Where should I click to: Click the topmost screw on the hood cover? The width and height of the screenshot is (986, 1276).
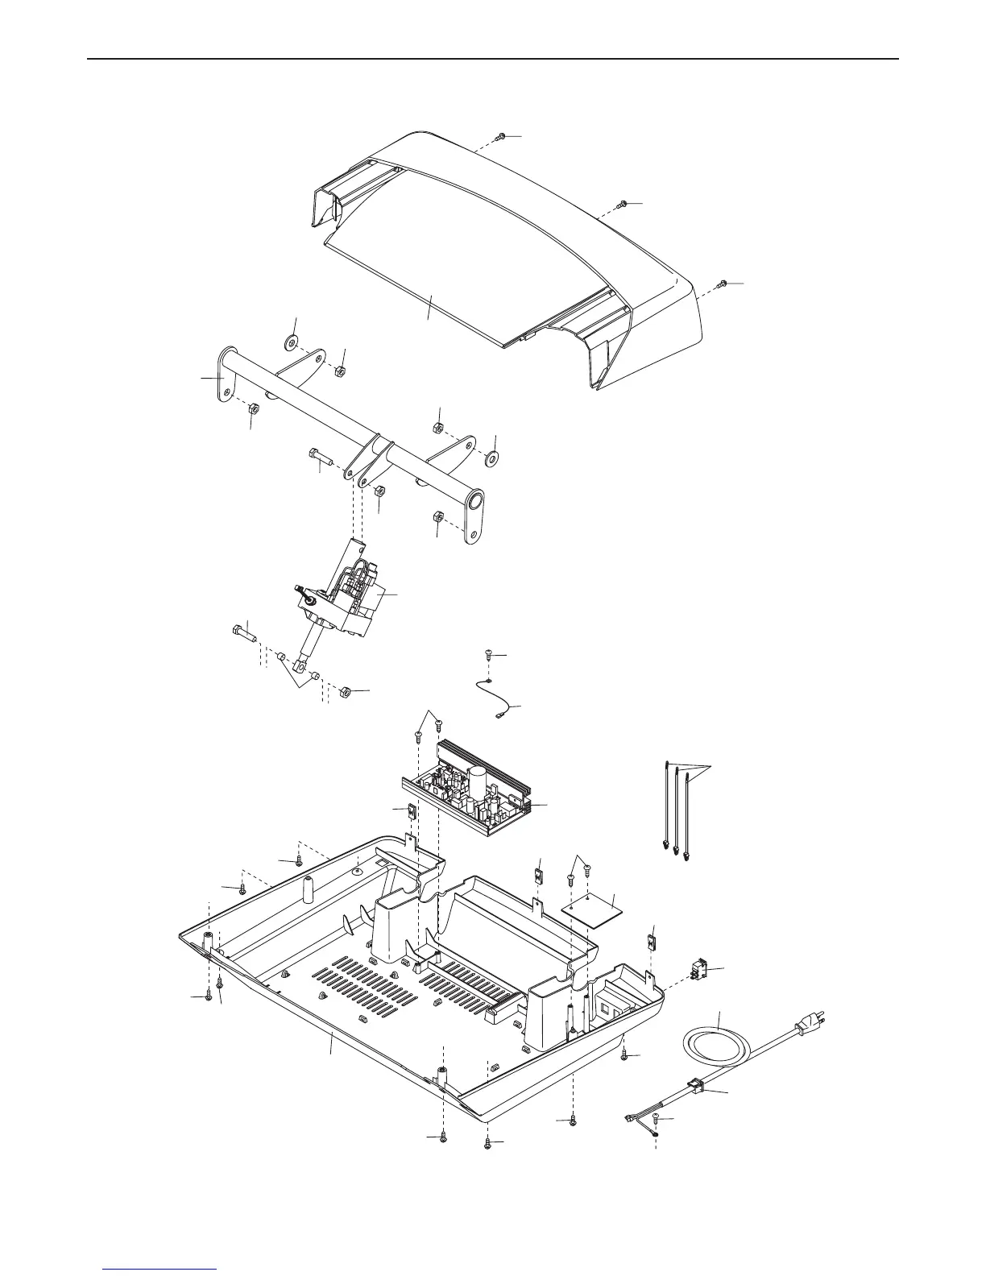(500, 137)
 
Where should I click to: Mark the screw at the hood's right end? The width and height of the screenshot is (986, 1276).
(723, 284)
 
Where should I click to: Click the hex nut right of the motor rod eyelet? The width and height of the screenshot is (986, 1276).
(342, 691)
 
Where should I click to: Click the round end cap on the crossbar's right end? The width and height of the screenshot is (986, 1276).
(474, 502)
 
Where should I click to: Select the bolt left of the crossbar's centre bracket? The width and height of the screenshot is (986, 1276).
(321, 456)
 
